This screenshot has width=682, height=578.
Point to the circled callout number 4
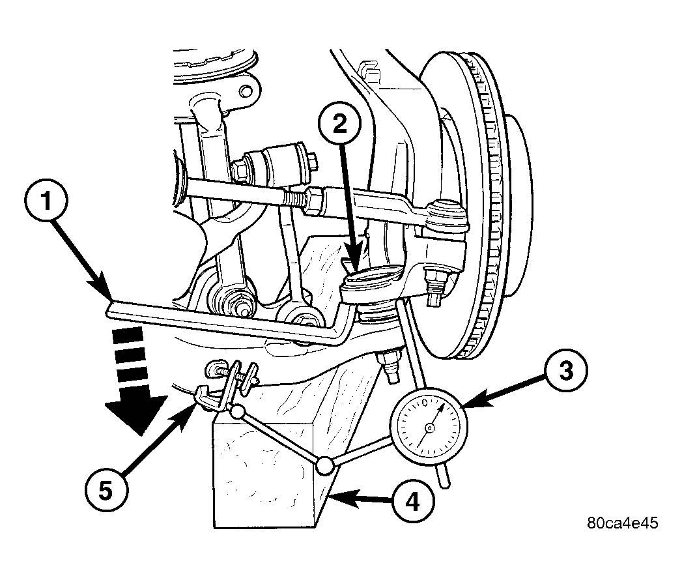pos(412,503)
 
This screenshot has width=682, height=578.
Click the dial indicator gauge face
pos(429,428)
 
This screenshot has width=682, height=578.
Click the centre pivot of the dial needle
pos(429,429)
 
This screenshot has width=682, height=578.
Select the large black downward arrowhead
pos(137,414)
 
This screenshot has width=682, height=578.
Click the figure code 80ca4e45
pos(623,523)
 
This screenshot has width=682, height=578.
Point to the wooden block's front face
pos(264,475)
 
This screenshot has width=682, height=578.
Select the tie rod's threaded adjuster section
pos(296,199)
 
